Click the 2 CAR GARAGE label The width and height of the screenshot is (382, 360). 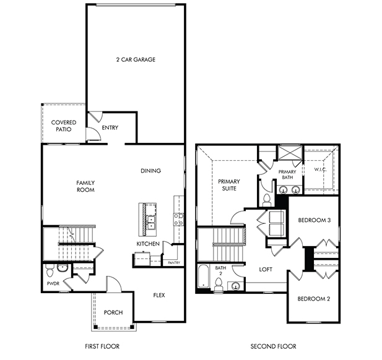click(x=136, y=59)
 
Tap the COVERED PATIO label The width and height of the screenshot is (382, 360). click(x=64, y=126)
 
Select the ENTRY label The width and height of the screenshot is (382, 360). click(x=110, y=127)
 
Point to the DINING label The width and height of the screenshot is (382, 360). click(x=151, y=171)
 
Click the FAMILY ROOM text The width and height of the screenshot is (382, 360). click(x=85, y=186)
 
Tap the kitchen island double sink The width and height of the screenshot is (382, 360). click(x=151, y=223)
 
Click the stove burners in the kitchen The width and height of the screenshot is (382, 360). click(x=178, y=219)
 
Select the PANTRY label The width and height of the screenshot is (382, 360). click(x=174, y=263)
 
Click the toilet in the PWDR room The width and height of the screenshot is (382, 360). click(x=49, y=270)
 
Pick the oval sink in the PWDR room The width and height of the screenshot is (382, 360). click(x=63, y=268)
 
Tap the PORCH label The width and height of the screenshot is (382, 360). click(x=113, y=312)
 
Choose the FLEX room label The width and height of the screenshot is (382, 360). click(x=159, y=295)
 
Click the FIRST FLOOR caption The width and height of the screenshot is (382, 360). click(x=102, y=346)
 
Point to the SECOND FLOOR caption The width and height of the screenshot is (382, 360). click(x=274, y=346)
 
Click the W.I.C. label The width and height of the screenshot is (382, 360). click(x=320, y=169)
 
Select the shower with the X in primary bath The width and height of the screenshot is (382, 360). click(x=290, y=153)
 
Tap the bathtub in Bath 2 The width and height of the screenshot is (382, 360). click(x=203, y=276)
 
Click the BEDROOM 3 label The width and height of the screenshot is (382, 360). click(x=315, y=220)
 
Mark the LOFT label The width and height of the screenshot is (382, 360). click(x=266, y=270)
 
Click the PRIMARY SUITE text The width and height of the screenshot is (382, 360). click(x=229, y=185)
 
